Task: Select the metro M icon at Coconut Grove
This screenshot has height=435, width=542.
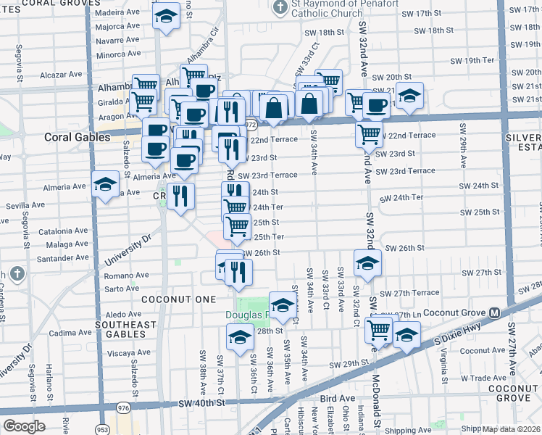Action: coord(495,313)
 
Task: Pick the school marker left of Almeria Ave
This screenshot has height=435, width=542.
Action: coord(105,185)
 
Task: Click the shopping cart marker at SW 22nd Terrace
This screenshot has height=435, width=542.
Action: coord(370,134)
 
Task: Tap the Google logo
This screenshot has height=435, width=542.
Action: coord(24,426)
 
